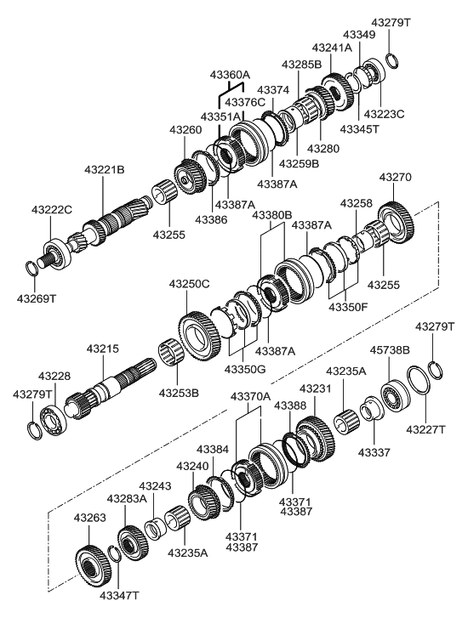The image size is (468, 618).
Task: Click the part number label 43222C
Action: click(x=53, y=209)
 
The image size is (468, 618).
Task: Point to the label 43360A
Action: click(x=235, y=75)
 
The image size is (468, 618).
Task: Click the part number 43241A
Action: click(x=332, y=48)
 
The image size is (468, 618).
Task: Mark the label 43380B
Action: click(x=271, y=215)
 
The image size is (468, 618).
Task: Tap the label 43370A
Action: click(x=250, y=395)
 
